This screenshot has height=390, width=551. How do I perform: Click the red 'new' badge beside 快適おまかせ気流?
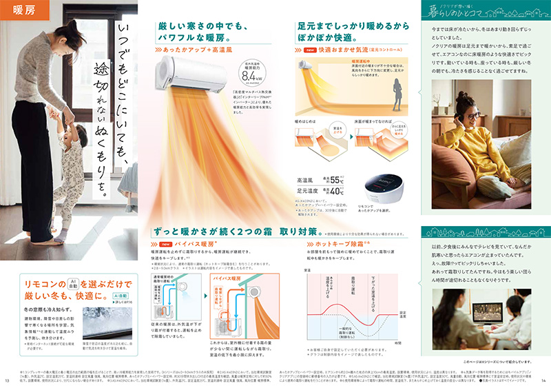[x=310, y=50]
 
